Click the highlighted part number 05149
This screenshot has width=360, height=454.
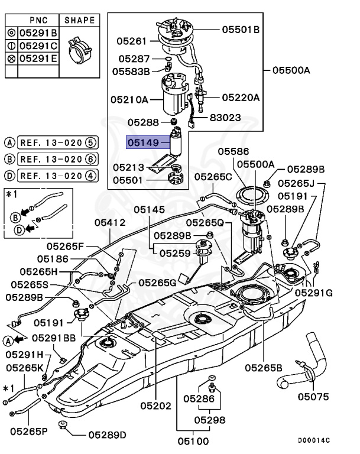click(x=143, y=142)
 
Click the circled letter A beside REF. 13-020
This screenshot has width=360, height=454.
click(x=9, y=142)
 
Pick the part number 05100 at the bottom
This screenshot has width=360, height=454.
click(x=193, y=440)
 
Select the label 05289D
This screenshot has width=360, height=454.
click(x=107, y=435)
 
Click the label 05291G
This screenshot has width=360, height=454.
click(x=314, y=292)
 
